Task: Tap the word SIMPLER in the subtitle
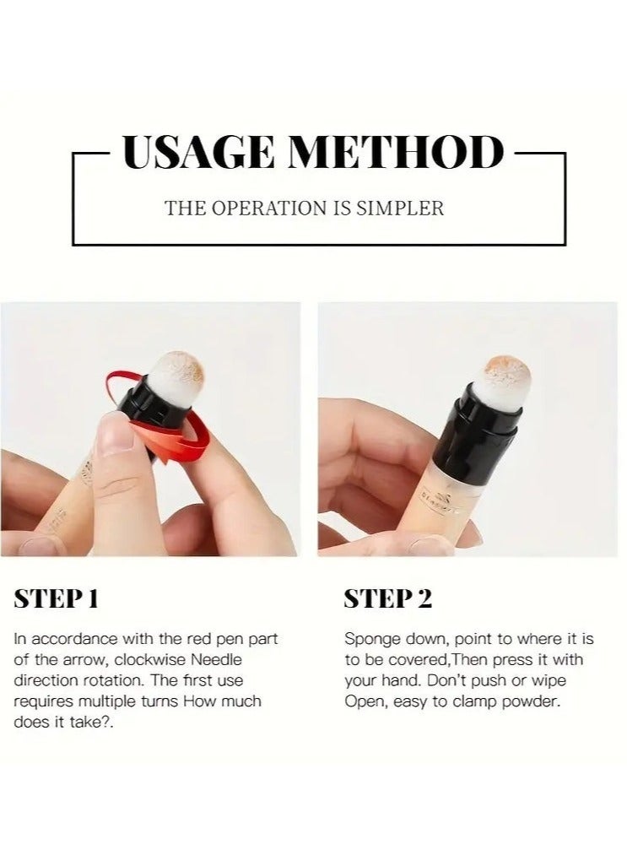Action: (402, 208)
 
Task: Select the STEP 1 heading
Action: (57, 598)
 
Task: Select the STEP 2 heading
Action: (387, 598)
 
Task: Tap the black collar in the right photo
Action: (489, 418)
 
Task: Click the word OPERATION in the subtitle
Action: (270, 208)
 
